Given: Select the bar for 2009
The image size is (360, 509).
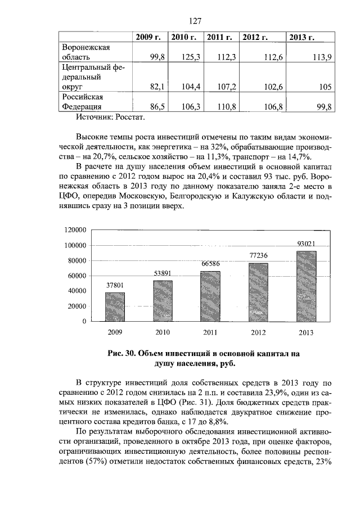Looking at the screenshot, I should point(115,307).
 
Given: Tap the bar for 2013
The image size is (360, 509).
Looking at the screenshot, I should point(306,286).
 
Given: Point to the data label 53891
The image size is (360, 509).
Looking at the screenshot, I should point(163,273).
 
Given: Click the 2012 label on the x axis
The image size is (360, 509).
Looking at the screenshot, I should point(258,333).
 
